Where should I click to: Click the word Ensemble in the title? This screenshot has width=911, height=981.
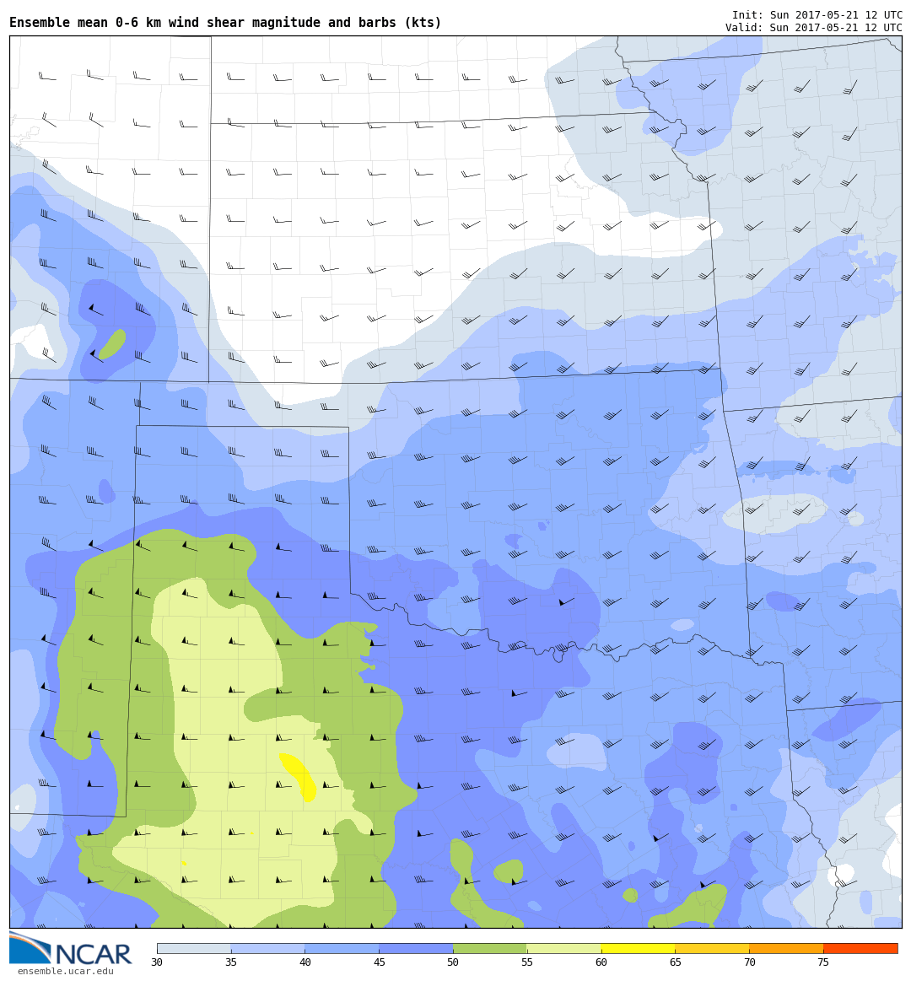(x=38, y=23)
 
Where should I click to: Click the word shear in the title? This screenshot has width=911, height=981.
(x=225, y=23)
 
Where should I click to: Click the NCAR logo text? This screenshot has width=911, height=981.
(x=93, y=955)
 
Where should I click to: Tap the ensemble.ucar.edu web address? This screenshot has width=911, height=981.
(x=65, y=972)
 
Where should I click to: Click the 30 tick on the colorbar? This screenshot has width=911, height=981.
(x=157, y=962)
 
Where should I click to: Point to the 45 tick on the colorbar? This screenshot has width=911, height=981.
(x=379, y=962)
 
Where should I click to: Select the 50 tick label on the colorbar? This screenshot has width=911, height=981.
(x=453, y=962)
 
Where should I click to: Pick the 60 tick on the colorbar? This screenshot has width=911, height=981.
(x=601, y=962)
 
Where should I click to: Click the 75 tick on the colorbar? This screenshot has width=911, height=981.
(x=823, y=962)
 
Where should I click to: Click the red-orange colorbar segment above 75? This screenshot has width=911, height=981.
(x=860, y=948)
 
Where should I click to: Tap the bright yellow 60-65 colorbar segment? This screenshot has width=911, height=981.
(x=638, y=948)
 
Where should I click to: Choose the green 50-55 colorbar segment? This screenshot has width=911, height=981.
(x=490, y=948)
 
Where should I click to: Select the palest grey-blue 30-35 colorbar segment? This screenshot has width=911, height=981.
(x=194, y=948)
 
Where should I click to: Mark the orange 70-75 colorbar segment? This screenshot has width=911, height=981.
(x=786, y=948)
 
